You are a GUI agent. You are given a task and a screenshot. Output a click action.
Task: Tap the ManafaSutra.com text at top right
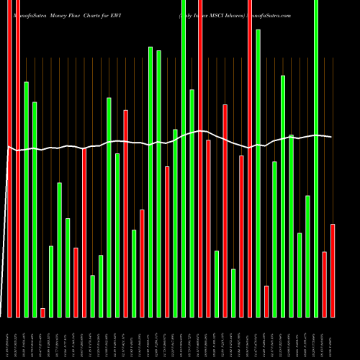272,14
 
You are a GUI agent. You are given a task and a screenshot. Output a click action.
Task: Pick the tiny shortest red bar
42,312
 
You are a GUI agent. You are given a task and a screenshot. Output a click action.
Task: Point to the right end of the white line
331,137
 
